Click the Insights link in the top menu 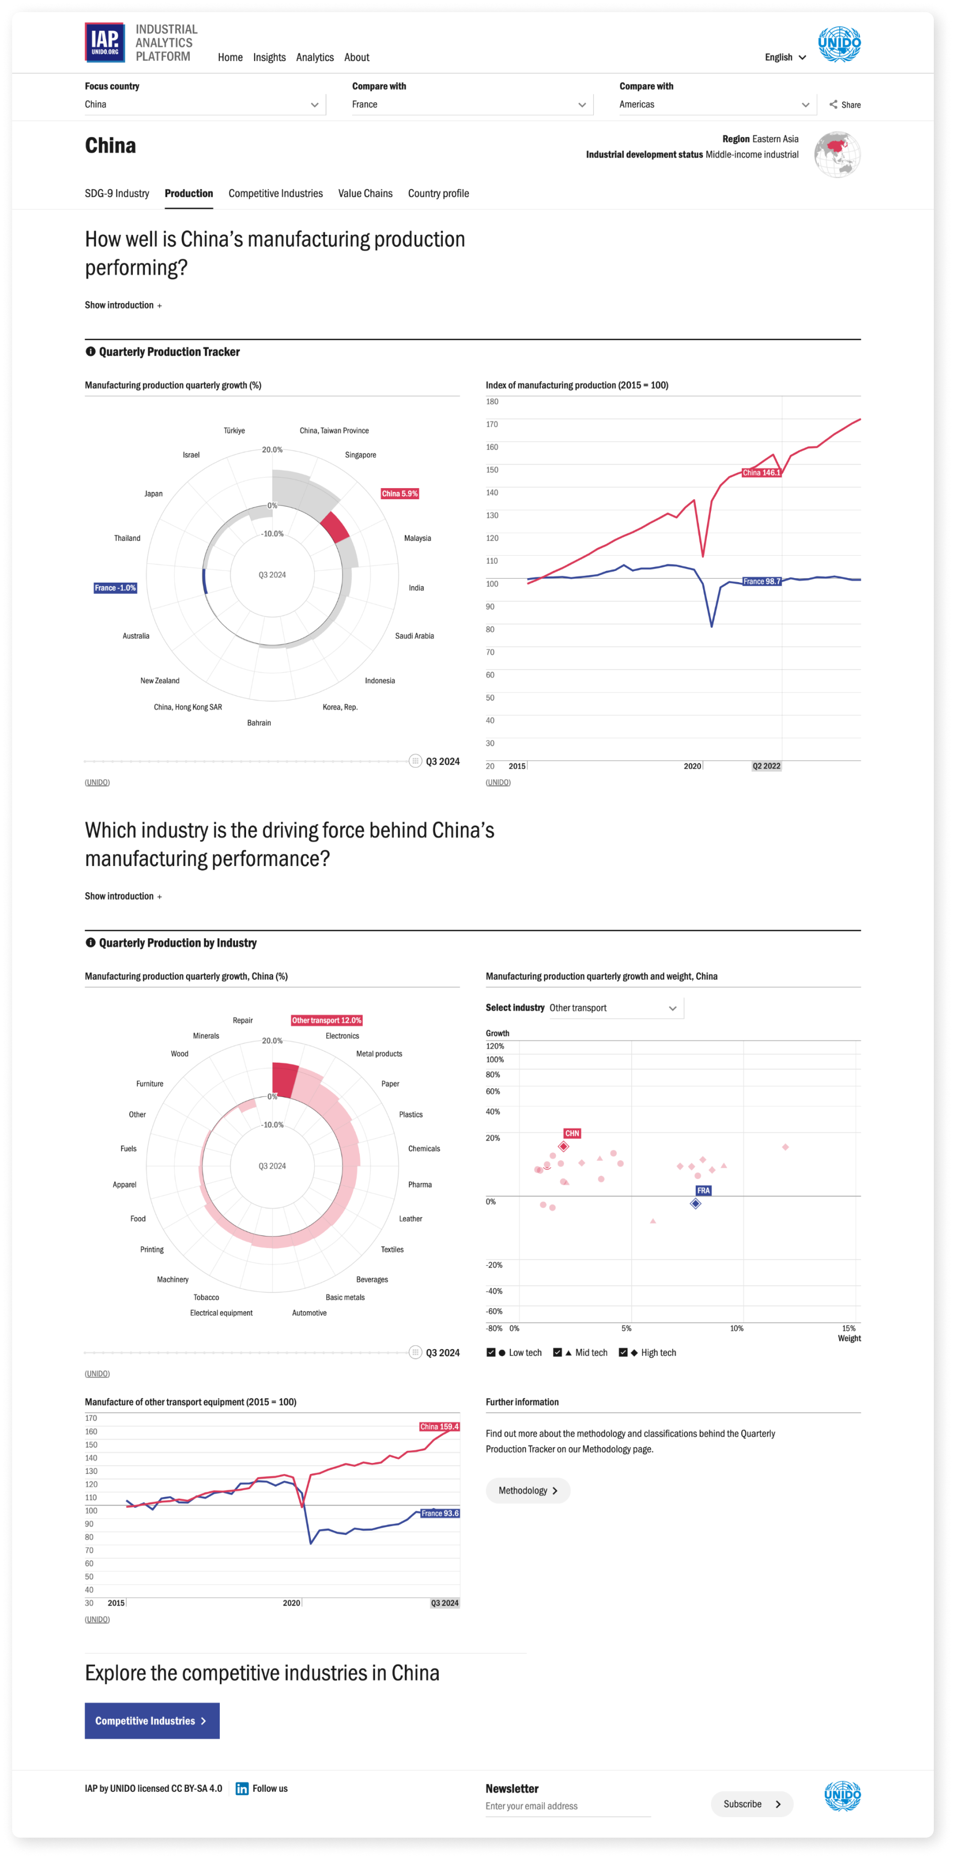(x=269, y=58)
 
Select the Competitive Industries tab (x=275, y=194)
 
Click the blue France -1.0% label (x=115, y=588)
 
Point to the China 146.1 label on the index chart (x=761, y=472)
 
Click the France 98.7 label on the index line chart (x=761, y=581)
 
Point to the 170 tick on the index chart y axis (x=492, y=424)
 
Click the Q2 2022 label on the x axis (x=766, y=766)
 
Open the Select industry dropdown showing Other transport (x=613, y=1008)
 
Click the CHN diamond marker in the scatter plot (x=564, y=1146)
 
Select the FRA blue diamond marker (x=696, y=1203)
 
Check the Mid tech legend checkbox (x=557, y=1352)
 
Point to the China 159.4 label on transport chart (x=439, y=1426)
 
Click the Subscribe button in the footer (x=751, y=1804)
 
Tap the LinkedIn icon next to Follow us (x=242, y=1788)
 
